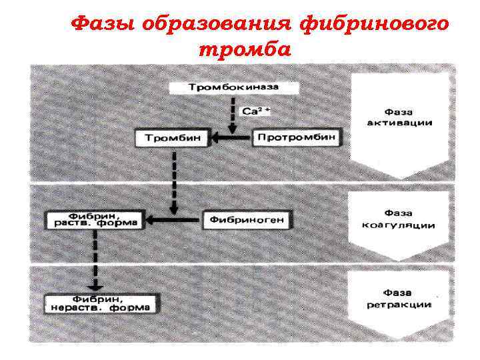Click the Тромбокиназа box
pyautogui.click(x=233, y=88)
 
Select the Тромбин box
pyautogui.click(x=173, y=139)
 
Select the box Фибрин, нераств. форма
pyautogui.click(x=98, y=303)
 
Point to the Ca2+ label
pyautogui.click(x=256, y=111)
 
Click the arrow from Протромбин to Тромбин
pyautogui.click(x=231, y=139)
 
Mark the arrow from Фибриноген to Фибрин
pyautogui.click(x=173, y=219)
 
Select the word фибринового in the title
pyautogui.click(x=373, y=25)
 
